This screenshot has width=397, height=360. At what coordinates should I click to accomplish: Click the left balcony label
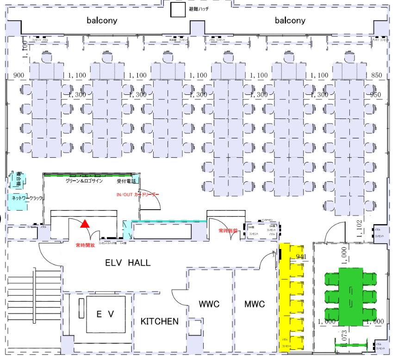pyautogui.click(x=102, y=20)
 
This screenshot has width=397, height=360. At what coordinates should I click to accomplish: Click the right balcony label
pyautogui.click(x=290, y=20)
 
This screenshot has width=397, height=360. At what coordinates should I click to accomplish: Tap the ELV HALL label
pyautogui.click(x=128, y=263)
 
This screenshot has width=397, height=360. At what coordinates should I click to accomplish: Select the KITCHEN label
pyautogui.click(x=160, y=321)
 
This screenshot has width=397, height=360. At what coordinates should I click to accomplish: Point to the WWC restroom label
pyautogui.click(x=209, y=304)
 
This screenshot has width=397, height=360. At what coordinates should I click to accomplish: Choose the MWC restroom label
pyautogui.click(x=254, y=304)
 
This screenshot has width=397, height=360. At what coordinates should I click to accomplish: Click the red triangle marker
pyautogui.click(x=84, y=224)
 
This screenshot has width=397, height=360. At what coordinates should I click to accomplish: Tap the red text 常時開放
pyautogui.click(x=85, y=245)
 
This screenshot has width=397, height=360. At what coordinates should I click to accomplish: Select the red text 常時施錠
pyautogui.click(x=228, y=230)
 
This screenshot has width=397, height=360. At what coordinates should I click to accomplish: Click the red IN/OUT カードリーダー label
pyautogui.click(x=137, y=195)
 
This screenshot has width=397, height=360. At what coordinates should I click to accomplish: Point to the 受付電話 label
pyautogui.click(x=126, y=181)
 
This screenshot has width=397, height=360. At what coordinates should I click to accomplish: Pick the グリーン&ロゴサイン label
pyautogui.click(x=84, y=181)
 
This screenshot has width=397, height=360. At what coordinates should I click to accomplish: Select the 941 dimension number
pyautogui.click(x=301, y=256)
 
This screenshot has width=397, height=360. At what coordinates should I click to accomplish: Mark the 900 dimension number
pyautogui.click(x=19, y=75)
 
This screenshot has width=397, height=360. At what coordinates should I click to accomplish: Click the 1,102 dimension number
pyautogui.click(x=359, y=229)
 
